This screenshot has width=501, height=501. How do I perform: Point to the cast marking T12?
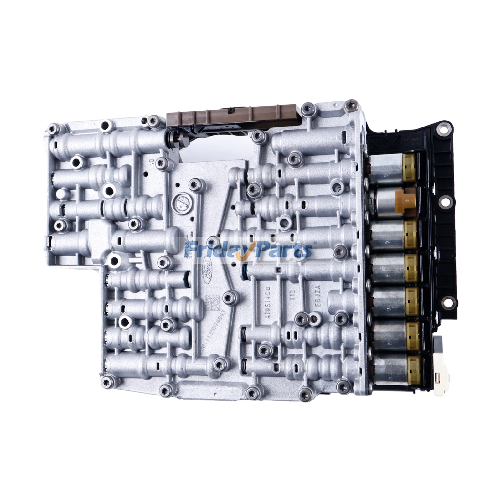point(292,295)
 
